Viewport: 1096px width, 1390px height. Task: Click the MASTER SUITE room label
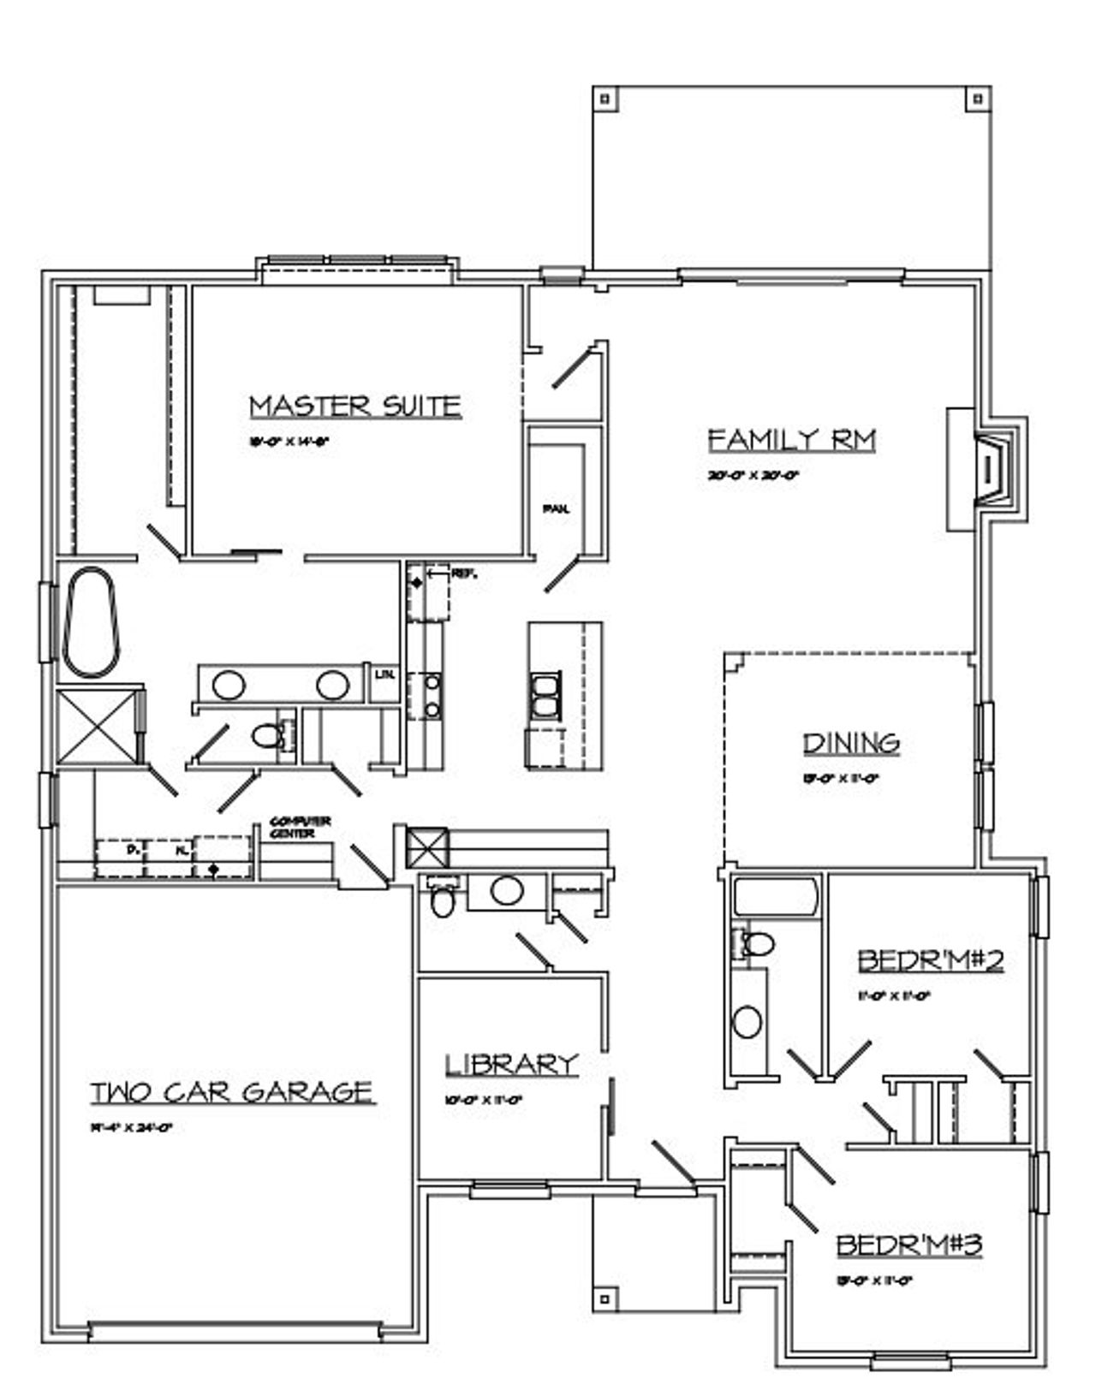(x=355, y=406)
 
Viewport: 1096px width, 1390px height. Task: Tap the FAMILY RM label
(x=792, y=440)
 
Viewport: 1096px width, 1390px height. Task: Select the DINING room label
(x=851, y=743)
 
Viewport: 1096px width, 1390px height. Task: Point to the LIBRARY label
(x=511, y=1064)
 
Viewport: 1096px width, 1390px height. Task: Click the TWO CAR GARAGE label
(x=232, y=1092)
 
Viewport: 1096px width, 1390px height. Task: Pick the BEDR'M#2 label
(x=930, y=960)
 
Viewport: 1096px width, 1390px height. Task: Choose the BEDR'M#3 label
(x=908, y=1244)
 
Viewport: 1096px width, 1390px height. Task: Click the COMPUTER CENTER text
(x=300, y=827)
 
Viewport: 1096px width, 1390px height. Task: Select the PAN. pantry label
(x=556, y=508)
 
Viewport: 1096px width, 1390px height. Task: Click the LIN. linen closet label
(x=384, y=674)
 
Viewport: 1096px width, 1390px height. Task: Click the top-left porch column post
(x=605, y=98)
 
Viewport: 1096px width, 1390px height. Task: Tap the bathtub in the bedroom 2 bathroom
(x=775, y=898)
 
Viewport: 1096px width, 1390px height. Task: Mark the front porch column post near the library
(x=605, y=1298)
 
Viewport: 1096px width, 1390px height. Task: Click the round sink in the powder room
(x=507, y=890)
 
